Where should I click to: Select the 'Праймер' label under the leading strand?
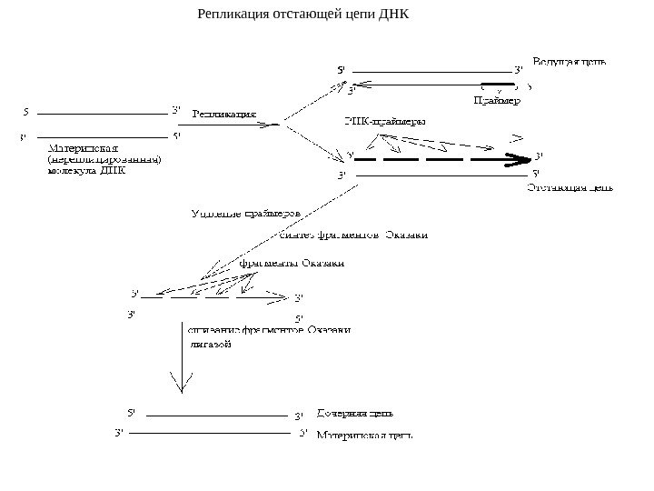[498, 102]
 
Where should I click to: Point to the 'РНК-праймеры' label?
[384, 120]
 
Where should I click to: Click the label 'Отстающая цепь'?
[570, 189]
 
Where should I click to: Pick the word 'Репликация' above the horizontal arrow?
[223, 115]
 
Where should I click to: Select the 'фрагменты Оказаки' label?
[292, 264]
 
